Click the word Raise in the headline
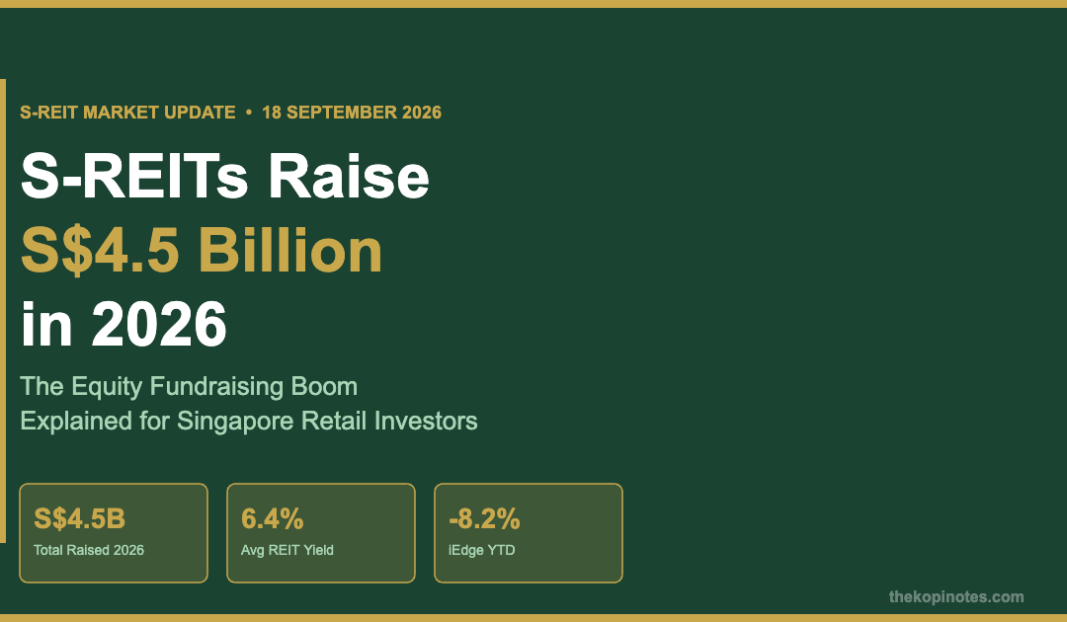tap(348, 176)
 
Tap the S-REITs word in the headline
tap(134, 176)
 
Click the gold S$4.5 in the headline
tap(101, 251)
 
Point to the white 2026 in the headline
tap(159, 324)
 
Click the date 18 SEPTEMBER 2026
tap(352, 113)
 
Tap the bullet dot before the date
tap(248, 112)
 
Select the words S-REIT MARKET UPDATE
tap(127, 113)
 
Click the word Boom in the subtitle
tap(324, 386)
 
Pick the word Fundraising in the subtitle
tap(217, 387)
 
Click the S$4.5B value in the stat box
tap(80, 518)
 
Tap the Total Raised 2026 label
tap(89, 550)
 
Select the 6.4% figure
tap(273, 518)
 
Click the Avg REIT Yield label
tap(287, 550)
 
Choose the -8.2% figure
tap(484, 518)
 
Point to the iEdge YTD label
tap(482, 550)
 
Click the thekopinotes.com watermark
tap(956, 597)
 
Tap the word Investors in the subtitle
tap(426, 421)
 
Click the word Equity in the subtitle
tap(108, 387)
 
